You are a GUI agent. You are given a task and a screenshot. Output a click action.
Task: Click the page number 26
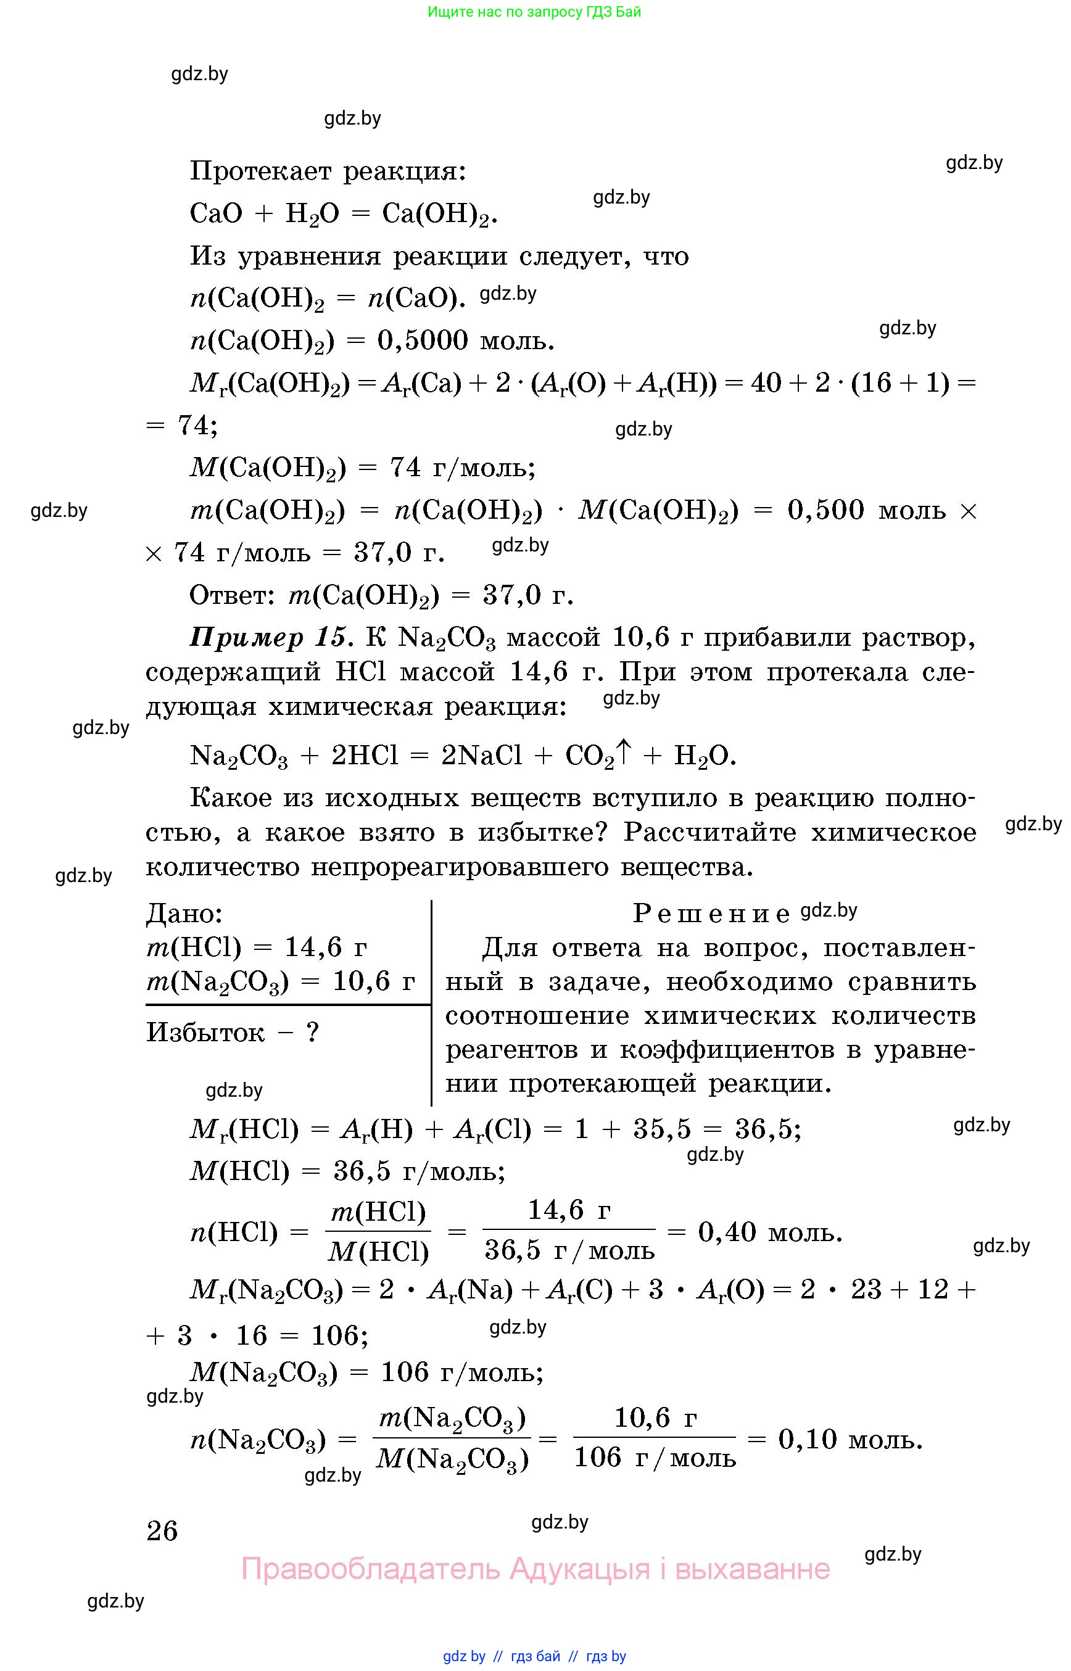(162, 1530)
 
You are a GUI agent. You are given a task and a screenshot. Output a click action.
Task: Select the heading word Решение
(711, 914)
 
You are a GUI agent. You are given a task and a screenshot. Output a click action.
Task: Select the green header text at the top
(534, 12)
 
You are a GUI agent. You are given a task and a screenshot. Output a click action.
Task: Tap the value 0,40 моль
(770, 1232)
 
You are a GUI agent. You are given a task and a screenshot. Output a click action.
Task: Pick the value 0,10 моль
(850, 1438)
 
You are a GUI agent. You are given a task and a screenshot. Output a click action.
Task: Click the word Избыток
(205, 1032)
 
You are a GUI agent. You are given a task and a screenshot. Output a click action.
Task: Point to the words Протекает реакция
(328, 170)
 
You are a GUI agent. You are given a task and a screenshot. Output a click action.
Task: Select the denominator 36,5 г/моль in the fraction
(569, 1251)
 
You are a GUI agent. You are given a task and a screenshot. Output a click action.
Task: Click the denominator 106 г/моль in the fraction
(655, 1458)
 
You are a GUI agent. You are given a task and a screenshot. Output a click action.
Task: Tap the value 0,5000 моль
(465, 340)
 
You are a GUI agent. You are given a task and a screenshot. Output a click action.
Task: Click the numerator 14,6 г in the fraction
(569, 1211)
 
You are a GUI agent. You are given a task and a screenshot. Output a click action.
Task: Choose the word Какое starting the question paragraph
(230, 798)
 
